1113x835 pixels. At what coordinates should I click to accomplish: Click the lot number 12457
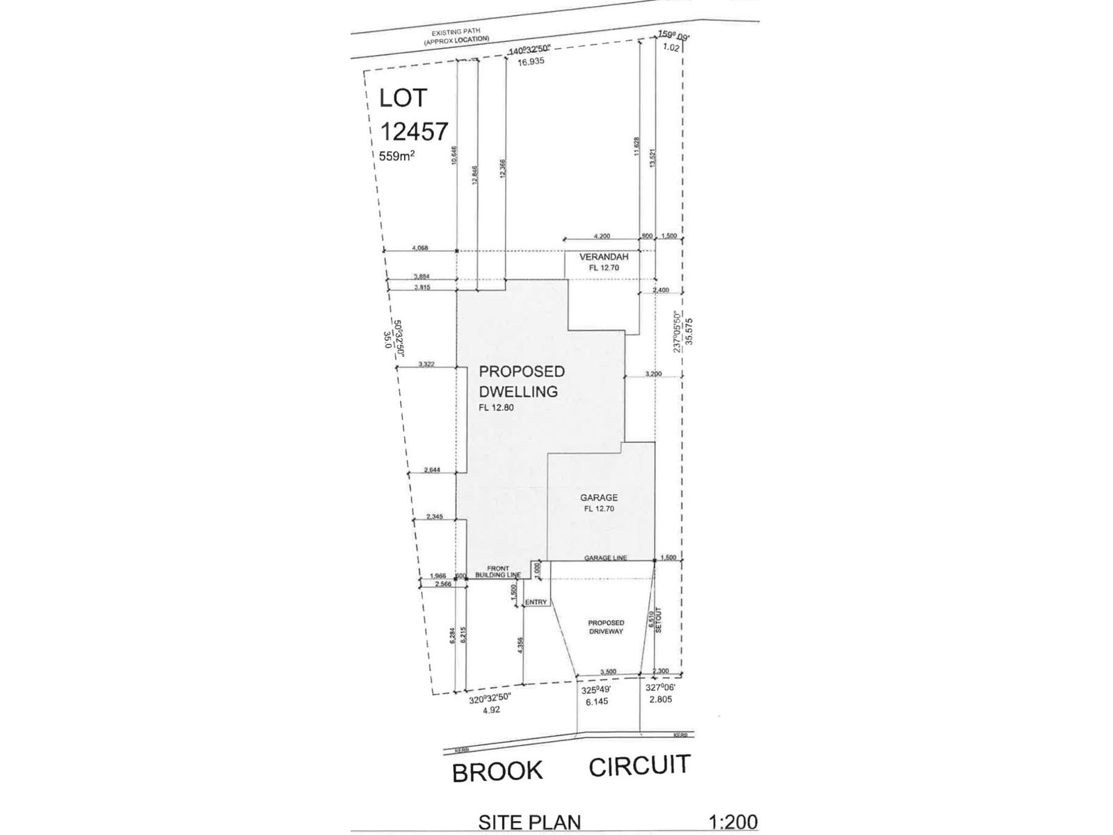tap(415, 130)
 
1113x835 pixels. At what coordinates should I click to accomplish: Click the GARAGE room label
tap(599, 498)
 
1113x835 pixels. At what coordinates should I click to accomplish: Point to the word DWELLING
tap(518, 392)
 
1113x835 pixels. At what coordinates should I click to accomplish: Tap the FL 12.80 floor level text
tap(496, 408)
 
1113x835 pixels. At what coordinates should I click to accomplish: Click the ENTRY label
tap(536, 602)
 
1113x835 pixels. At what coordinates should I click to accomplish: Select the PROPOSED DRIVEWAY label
tap(606, 627)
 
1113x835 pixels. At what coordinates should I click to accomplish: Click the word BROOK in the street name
tap(497, 772)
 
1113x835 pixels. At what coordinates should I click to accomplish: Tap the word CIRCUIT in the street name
tap(639, 765)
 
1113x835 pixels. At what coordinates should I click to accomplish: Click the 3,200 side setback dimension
tap(653, 374)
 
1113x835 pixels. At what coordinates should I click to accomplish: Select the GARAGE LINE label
tap(605, 558)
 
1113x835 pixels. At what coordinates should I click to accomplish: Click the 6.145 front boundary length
tap(597, 701)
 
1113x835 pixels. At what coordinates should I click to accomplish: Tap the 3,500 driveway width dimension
tap(607, 671)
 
